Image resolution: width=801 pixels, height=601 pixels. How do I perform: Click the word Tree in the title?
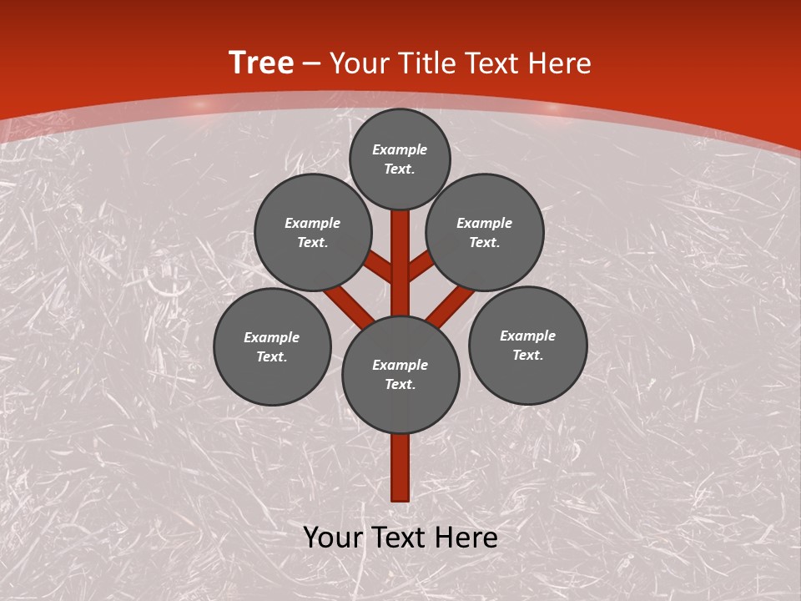point(261,63)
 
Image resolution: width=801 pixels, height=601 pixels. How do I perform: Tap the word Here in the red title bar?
point(559,63)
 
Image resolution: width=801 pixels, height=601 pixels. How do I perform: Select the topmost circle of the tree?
point(400,159)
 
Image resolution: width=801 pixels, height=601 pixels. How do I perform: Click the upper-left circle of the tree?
point(313,232)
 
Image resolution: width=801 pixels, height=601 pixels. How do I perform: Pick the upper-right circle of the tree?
point(485,232)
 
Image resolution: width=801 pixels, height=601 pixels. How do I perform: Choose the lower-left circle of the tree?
point(272,346)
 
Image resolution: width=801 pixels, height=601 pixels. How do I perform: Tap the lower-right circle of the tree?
point(527,345)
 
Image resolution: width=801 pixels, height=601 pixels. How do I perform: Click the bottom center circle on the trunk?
point(400,374)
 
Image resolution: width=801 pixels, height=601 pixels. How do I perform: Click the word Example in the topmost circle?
point(400,150)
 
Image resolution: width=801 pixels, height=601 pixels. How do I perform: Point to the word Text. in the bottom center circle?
point(400,384)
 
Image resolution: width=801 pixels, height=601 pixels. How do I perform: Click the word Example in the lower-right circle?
point(527,336)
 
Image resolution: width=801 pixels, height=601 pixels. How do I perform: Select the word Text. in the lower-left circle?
point(272,356)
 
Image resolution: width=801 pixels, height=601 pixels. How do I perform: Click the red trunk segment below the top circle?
point(400,250)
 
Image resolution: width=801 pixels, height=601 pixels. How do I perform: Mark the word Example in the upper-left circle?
point(313,223)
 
